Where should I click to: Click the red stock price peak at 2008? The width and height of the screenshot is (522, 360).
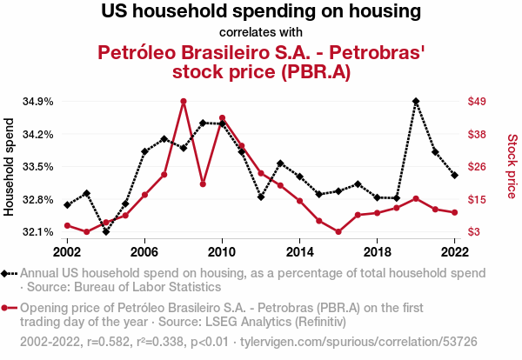tap(183, 101)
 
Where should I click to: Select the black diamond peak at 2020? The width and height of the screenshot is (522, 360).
tap(416, 101)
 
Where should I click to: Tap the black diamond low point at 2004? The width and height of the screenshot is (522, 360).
tap(106, 231)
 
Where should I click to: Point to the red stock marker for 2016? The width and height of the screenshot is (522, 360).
tap(338, 231)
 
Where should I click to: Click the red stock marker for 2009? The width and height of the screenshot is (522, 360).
tap(203, 184)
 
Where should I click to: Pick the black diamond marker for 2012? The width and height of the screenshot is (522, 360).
tap(261, 197)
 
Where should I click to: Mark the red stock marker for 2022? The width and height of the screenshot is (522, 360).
tap(455, 212)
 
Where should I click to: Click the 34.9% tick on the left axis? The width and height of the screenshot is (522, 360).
tap(38, 102)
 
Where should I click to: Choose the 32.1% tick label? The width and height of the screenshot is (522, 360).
tap(38, 232)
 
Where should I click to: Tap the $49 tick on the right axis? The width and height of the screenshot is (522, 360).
tap(477, 101)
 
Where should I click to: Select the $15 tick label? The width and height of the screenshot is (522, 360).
tap(477, 200)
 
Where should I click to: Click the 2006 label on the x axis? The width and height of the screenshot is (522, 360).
tap(144, 252)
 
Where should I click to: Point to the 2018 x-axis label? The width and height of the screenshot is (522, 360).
tap(378, 252)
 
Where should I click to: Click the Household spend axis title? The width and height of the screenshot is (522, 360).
tap(9, 167)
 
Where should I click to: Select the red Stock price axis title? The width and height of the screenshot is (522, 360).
tap(512, 166)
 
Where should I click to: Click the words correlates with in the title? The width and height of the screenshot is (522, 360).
tap(261, 32)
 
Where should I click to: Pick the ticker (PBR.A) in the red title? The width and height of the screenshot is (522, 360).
tap(316, 71)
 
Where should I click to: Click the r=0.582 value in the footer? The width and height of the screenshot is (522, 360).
tap(108, 342)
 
